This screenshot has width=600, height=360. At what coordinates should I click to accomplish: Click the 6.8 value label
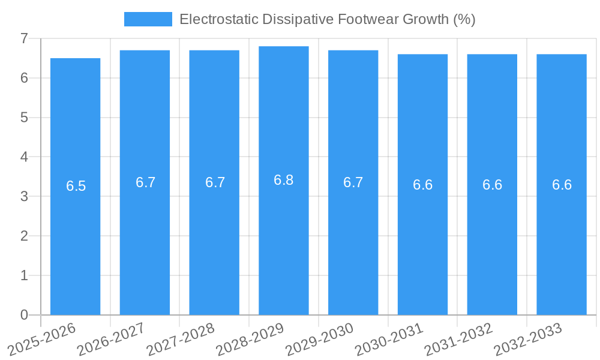click(x=284, y=180)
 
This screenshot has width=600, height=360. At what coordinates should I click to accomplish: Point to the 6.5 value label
click(x=76, y=186)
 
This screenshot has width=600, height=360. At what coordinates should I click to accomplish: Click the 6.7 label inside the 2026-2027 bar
click(x=145, y=182)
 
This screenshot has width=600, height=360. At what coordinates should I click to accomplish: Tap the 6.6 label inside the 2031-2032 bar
click(x=492, y=185)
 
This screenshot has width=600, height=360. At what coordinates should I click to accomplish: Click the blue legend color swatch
click(x=148, y=19)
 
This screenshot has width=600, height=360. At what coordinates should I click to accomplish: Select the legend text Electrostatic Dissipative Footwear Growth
click(x=328, y=19)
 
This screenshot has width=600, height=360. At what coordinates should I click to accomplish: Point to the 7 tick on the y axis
click(x=24, y=38)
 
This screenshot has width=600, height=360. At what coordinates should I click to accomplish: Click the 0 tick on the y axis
click(x=24, y=315)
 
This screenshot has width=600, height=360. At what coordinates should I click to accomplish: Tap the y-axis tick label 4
click(x=24, y=157)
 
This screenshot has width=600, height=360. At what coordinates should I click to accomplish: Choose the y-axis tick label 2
click(x=24, y=236)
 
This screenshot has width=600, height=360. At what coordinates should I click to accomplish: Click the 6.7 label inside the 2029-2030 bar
click(x=353, y=182)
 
